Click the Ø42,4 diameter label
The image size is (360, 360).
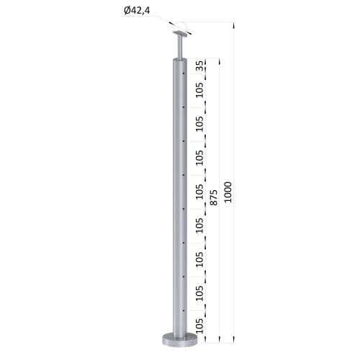137,10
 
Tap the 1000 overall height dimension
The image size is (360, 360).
228,192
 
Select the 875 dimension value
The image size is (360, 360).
214,197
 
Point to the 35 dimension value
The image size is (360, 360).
199,66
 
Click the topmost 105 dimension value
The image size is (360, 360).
199,90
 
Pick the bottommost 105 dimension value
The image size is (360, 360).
199,326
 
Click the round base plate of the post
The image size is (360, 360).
180,340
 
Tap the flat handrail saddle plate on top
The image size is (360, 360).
180,35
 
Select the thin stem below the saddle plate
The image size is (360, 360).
180,48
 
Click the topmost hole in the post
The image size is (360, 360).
184,73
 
